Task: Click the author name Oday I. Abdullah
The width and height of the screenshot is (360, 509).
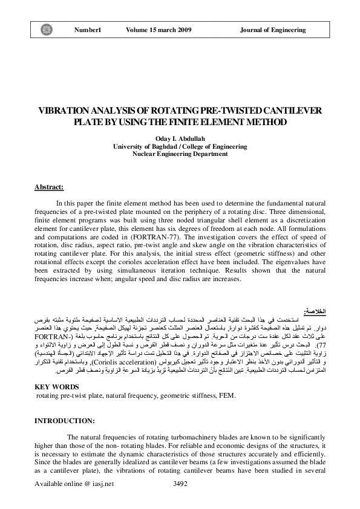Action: (180, 138)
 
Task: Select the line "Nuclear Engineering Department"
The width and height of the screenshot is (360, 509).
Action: (180, 154)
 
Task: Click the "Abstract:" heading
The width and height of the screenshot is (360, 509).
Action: (51, 187)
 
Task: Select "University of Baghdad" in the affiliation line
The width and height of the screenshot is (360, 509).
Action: (143, 146)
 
